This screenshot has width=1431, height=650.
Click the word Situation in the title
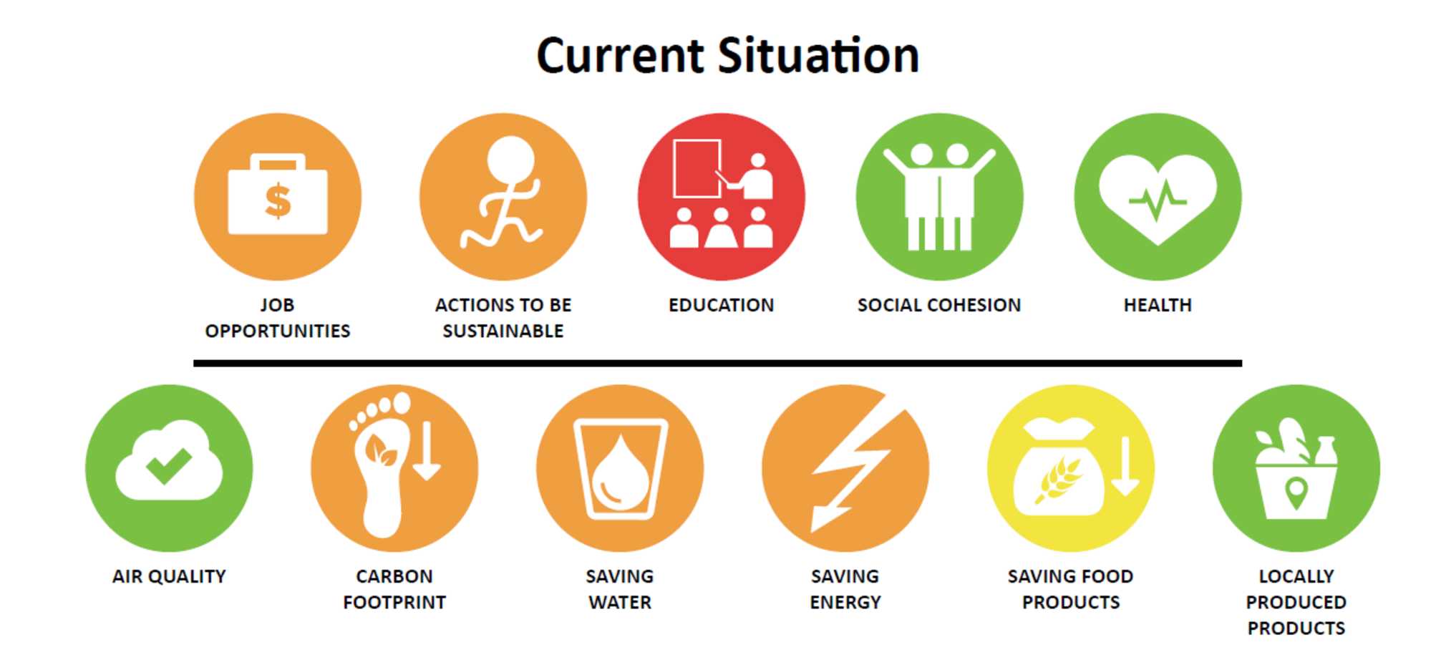pos(818,56)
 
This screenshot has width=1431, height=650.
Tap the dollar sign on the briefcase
pos(278,200)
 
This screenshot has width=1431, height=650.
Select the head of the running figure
pos(510,159)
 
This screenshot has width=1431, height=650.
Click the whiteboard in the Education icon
pos(697,168)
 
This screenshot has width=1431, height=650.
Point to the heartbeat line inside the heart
pos(1158,200)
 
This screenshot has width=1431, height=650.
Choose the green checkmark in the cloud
pos(168,465)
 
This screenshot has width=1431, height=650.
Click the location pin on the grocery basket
pos(1296,493)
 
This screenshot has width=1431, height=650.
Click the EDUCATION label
pos(721,305)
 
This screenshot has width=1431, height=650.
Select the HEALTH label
pos(1158,305)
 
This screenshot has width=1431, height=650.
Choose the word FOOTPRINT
pos(394,602)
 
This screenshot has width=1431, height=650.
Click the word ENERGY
pos(845,602)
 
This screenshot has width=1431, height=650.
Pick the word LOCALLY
pos(1296,576)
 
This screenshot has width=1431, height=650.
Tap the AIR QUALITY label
pos(169,576)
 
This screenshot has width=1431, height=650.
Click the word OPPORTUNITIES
pos(278,331)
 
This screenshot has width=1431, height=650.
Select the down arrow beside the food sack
pos(1125,466)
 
